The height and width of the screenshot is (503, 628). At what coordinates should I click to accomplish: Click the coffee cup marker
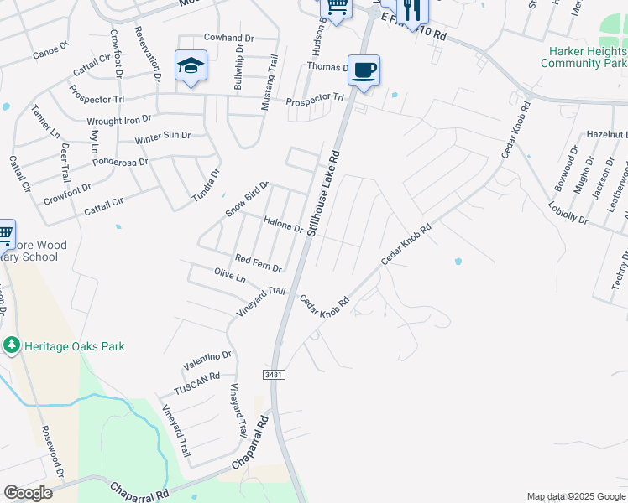coord(364,70)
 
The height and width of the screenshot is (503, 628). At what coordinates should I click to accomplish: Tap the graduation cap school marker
coord(191,65)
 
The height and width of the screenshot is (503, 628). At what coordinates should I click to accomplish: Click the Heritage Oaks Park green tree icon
coord(11,345)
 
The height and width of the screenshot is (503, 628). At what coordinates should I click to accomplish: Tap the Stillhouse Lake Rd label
coord(324,193)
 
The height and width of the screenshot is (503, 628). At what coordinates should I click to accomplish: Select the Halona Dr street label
coord(283,225)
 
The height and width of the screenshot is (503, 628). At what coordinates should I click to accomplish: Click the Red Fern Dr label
coord(258,263)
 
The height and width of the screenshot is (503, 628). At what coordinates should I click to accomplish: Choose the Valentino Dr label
coord(207,361)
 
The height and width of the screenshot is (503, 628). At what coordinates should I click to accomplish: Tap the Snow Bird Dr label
coord(246,198)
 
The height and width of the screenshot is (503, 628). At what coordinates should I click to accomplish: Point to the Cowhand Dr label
coord(228,39)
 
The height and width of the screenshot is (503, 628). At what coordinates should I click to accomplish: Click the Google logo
coord(29,493)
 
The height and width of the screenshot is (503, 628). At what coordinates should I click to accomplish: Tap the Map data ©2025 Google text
coord(576,496)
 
